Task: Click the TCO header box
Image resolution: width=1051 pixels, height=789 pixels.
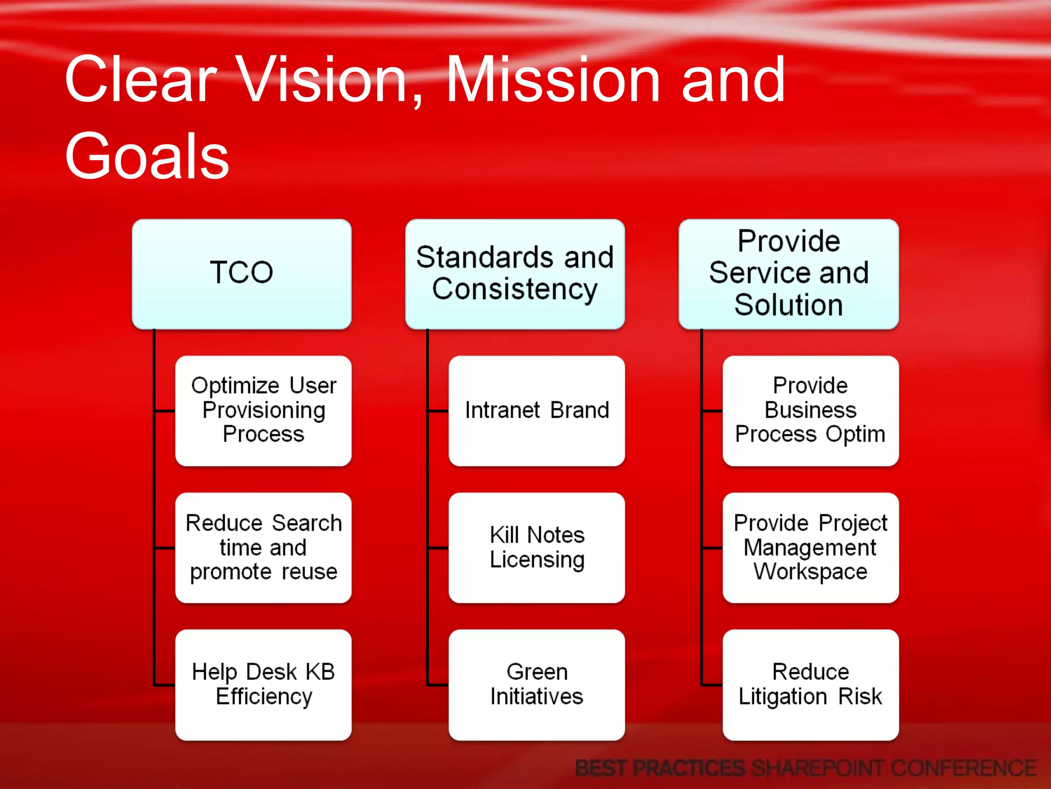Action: coord(241,274)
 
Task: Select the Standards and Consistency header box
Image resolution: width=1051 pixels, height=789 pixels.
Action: coord(515,274)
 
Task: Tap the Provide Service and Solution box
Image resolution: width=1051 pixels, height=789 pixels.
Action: coord(788,274)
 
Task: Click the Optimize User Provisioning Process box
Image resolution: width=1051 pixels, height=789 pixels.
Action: coord(263,410)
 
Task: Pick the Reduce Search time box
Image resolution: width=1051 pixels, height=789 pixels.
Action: coord(263,548)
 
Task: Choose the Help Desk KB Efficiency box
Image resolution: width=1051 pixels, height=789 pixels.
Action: coord(263,684)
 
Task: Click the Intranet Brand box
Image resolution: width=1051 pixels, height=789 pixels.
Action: coord(536,410)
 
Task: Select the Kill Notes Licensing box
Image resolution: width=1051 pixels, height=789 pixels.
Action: coord(536,548)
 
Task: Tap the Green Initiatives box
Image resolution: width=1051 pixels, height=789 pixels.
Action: coord(536,684)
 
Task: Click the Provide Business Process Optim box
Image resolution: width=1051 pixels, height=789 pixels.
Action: coord(810,410)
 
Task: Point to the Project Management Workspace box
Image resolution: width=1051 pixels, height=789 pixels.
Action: coord(810,548)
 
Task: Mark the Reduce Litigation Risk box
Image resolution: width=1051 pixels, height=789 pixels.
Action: coord(810,684)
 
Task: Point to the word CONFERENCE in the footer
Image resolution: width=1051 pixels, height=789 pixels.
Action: coord(964,768)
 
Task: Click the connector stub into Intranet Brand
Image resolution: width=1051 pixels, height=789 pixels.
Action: coord(438,411)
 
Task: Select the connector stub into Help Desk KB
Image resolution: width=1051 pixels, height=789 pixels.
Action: coord(165,685)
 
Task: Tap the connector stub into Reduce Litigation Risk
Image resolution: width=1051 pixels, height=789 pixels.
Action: coord(712,685)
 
